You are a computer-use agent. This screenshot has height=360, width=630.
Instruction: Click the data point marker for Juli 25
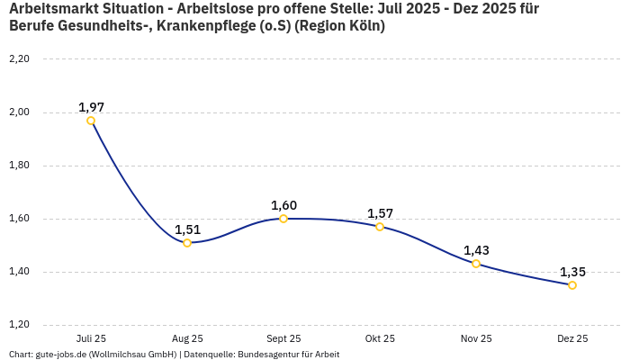(x=91, y=121)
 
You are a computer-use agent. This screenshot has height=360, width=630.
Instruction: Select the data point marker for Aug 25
(x=187, y=243)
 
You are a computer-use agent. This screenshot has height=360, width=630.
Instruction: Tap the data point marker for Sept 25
(x=283, y=219)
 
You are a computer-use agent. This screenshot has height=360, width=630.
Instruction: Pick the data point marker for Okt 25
(x=380, y=227)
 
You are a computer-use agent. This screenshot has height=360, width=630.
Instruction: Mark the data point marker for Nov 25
(x=476, y=264)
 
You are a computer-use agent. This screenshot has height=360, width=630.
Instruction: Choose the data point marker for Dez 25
(x=572, y=285)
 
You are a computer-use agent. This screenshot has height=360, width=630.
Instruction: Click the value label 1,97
(x=91, y=107)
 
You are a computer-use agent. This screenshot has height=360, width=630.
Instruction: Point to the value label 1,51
(x=187, y=229)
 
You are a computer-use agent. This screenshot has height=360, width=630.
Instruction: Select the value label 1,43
(x=476, y=250)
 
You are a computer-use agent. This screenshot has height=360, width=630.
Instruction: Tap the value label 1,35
(x=572, y=272)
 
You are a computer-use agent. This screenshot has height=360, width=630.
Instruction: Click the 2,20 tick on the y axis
(x=19, y=59)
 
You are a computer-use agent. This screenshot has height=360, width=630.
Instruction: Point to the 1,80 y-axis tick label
(x=19, y=166)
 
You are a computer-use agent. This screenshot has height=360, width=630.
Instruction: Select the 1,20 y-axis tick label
(x=19, y=325)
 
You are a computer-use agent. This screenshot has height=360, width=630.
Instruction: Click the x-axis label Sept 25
(x=283, y=338)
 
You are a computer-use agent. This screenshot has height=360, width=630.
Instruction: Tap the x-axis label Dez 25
(x=572, y=338)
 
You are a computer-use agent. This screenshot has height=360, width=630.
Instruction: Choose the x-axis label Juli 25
(x=91, y=338)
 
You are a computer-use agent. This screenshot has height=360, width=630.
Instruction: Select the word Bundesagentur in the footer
(x=266, y=354)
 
